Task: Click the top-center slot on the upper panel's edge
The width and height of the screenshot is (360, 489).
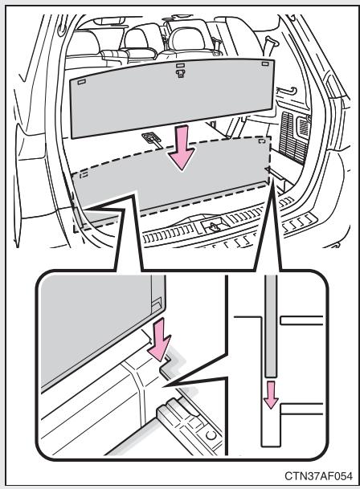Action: (181, 66)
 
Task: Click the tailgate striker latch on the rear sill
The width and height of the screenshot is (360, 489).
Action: (212, 227)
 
